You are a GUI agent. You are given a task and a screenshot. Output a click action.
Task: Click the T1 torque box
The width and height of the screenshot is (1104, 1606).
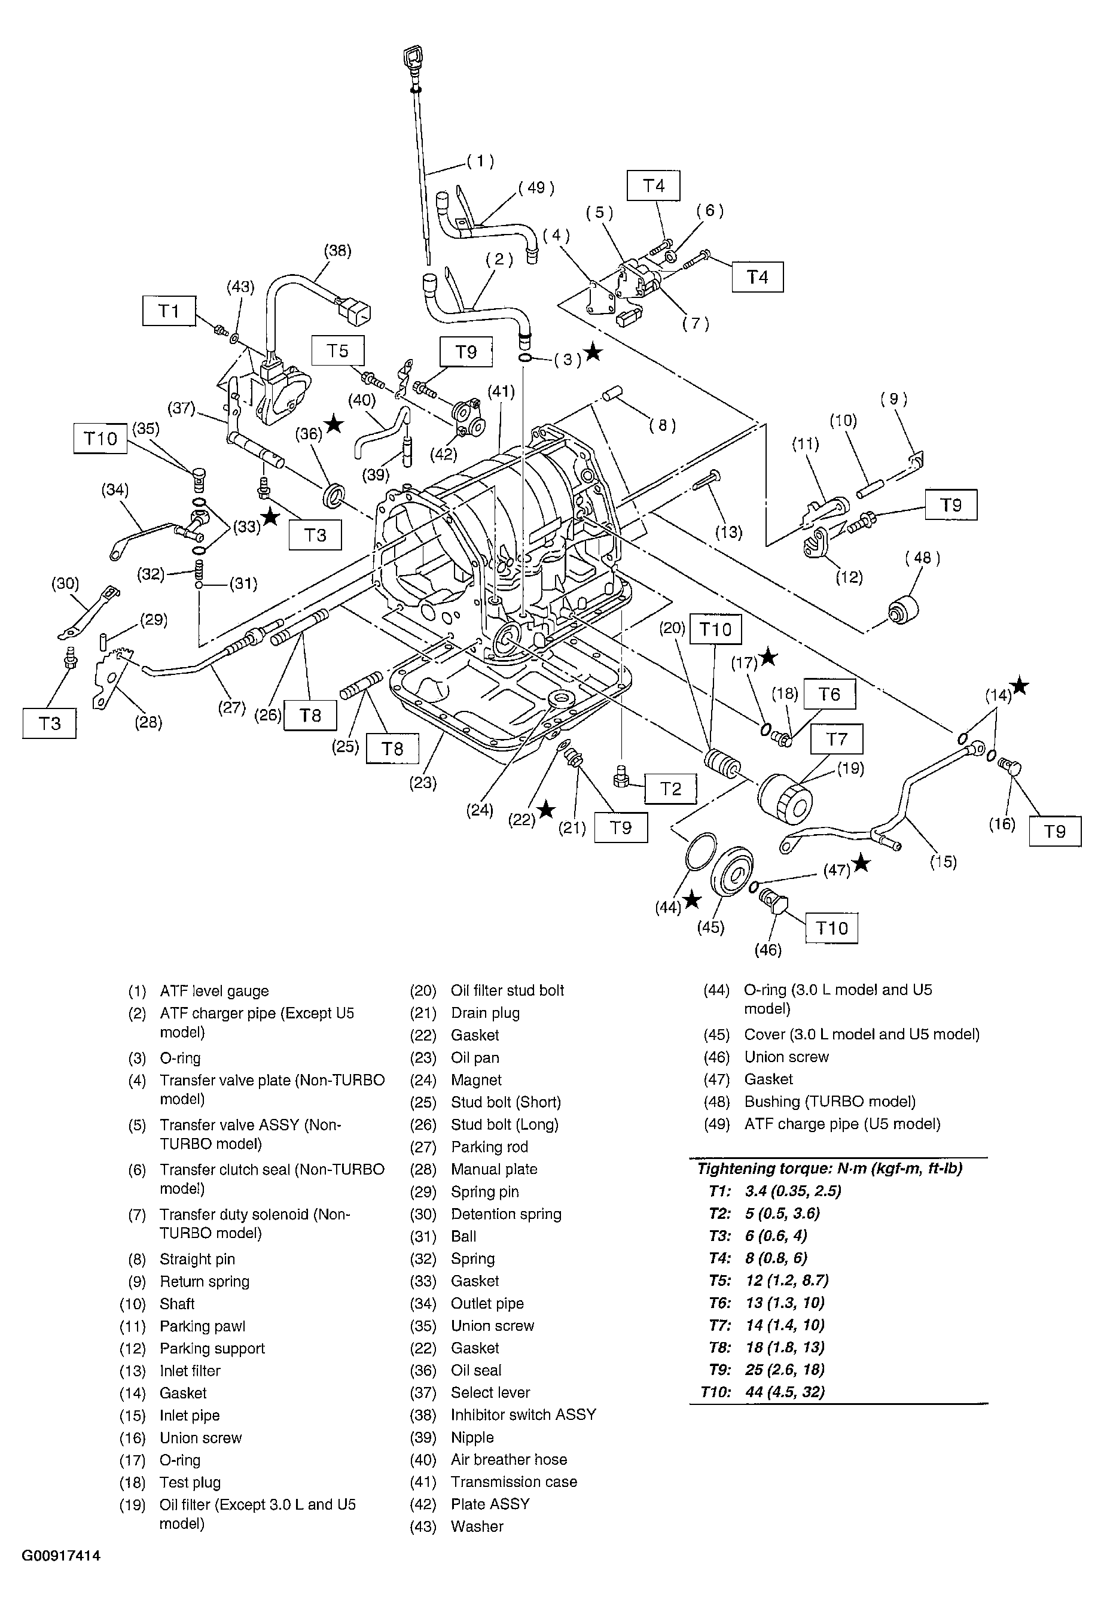[x=169, y=311]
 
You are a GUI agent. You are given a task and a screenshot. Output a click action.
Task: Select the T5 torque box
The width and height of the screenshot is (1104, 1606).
[x=337, y=351]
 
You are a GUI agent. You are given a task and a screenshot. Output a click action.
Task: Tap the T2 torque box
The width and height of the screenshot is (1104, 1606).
[x=670, y=789]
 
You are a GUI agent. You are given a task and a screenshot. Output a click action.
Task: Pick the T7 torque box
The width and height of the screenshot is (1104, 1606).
[x=836, y=739]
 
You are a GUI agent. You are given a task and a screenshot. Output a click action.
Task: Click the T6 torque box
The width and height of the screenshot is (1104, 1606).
[x=829, y=694]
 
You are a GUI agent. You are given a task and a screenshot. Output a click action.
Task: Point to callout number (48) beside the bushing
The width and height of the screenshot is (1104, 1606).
[x=922, y=558]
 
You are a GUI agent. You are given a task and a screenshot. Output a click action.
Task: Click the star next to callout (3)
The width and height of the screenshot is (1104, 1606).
[x=593, y=353]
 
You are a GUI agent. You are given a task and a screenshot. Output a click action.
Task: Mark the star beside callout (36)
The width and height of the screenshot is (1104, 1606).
[x=334, y=424]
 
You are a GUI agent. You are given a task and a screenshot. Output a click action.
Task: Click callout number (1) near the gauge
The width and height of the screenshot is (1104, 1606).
[x=480, y=161]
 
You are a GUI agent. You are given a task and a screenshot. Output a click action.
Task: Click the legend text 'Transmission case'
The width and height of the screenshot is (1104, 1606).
[x=513, y=1482]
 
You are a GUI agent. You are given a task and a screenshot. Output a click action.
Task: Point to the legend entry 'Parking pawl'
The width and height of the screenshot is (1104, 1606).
[x=202, y=1326]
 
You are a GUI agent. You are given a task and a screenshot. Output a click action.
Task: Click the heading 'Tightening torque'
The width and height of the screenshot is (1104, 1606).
[x=829, y=1168]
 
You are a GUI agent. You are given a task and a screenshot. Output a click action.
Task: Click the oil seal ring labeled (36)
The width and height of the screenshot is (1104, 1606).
[x=334, y=495]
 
